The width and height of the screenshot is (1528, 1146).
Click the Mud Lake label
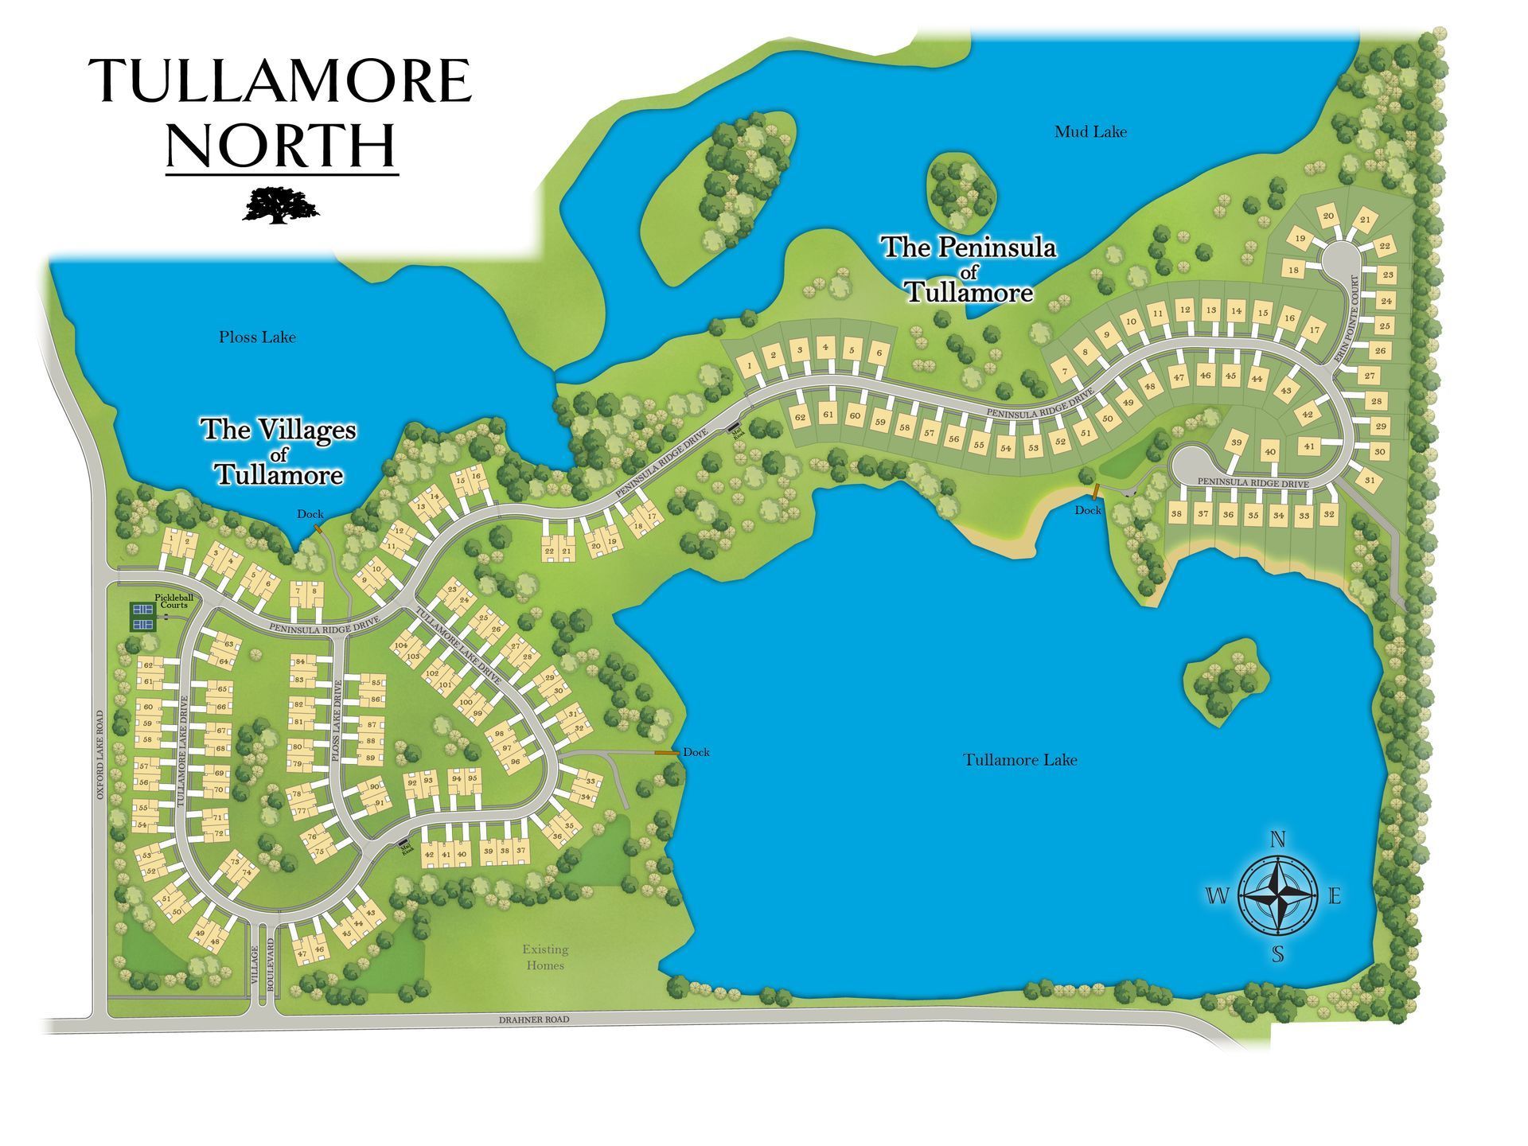point(1090,132)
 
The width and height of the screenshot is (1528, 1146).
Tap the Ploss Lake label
point(257,337)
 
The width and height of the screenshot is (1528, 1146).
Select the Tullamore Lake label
point(1020,760)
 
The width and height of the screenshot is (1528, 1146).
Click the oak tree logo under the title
point(280,205)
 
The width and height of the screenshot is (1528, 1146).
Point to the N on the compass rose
point(1277,840)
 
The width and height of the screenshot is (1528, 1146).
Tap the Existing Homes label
point(545,957)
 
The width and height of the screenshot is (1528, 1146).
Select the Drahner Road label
point(534,1019)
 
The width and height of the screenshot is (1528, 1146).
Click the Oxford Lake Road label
point(100,755)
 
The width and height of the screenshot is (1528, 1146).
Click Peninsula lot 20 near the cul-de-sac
point(1328,216)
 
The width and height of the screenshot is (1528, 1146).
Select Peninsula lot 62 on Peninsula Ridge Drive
point(800,417)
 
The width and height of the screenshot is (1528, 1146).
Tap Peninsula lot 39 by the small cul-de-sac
point(1236,442)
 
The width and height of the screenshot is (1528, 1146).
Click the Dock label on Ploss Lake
point(310,514)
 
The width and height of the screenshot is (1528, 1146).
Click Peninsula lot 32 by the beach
point(1328,515)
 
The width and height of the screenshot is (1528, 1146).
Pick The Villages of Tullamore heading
point(278,452)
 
